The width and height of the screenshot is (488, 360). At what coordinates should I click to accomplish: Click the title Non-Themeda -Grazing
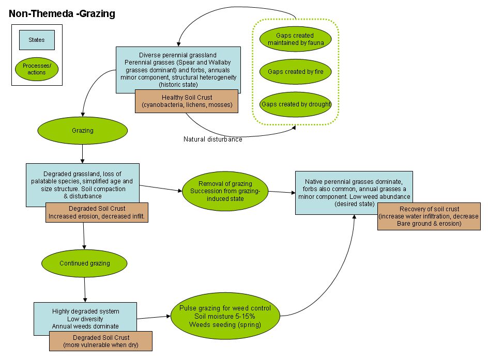click(x=62, y=14)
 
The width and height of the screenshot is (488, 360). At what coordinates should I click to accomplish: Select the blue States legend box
click(x=37, y=40)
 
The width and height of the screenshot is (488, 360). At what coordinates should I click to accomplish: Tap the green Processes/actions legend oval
click(x=37, y=69)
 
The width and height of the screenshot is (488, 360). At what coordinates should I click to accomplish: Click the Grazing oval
click(x=82, y=131)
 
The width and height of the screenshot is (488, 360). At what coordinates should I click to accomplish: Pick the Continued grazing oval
click(x=84, y=263)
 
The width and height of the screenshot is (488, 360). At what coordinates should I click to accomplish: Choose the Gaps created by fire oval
click(x=295, y=72)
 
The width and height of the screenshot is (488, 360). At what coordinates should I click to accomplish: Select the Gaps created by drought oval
click(x=296, y=104)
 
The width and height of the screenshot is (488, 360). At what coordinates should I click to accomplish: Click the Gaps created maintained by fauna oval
click(x=296, y=39)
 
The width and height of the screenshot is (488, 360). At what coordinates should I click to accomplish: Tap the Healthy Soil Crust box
click(x=186, y=101)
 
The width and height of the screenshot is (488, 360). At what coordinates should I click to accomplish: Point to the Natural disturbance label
click(x=212, y=139)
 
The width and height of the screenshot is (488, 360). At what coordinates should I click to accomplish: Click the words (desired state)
click(x=354, y=204)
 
